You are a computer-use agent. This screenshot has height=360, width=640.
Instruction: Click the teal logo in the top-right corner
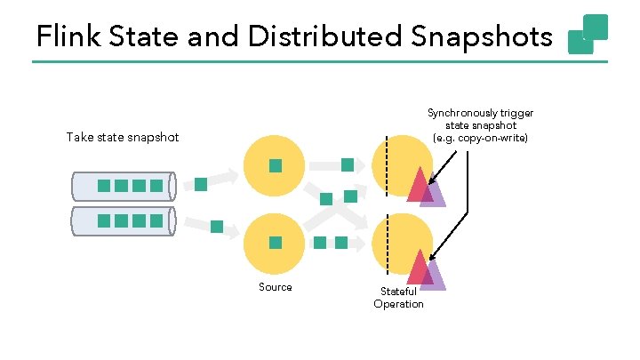click(588, 35)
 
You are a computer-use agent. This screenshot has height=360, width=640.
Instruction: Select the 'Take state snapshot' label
click(122, 137)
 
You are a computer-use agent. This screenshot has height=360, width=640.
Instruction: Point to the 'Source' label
click(275, 287)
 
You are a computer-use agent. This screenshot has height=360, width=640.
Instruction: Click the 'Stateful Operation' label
click(398, 298)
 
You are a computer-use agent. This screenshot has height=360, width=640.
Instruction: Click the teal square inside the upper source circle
click(276, 165)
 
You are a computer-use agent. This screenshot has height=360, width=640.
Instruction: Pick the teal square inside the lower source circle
click(276, 242)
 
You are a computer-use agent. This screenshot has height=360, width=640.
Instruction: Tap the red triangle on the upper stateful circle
click(417, 187)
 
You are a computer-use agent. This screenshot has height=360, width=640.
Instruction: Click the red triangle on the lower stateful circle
click(418, 269)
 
